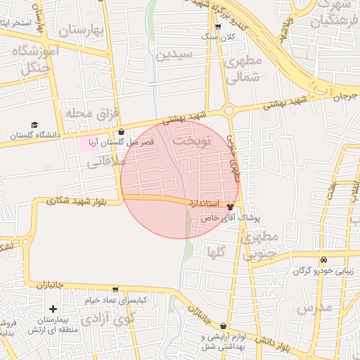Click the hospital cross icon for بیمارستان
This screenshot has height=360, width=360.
click(53, 309)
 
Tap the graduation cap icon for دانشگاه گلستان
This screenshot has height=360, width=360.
click(34, 124)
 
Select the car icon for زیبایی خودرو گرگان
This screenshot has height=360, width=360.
click(323, 260)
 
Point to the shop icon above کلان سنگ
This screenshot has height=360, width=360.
click(217, 26)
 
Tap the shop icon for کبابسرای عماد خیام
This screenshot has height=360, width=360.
click(115, 289)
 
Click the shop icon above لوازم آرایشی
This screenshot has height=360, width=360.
click(224, 326)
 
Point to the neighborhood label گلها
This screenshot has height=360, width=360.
click(216, 250)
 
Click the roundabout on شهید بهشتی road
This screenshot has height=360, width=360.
click(229, 110)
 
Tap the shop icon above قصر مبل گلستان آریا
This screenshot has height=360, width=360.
click(121, 131)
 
